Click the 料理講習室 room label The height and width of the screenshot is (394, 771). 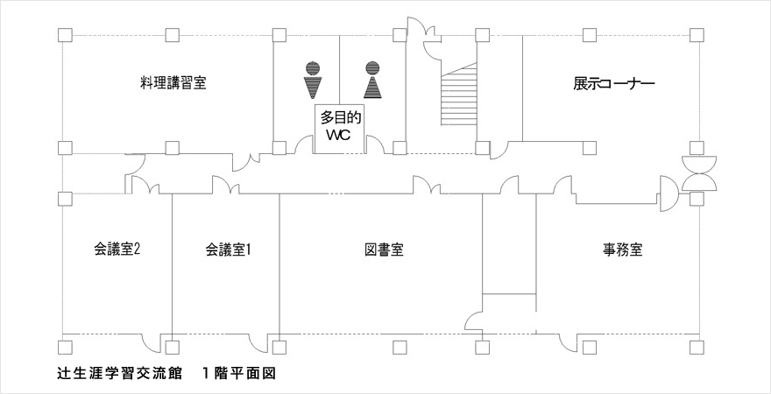178,83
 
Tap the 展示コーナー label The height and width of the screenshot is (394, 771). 614,84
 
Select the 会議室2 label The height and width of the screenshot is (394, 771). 117,250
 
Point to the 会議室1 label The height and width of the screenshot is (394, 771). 229,250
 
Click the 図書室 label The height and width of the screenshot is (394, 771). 383,250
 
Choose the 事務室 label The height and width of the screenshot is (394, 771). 623,250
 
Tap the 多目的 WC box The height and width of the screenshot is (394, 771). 341,129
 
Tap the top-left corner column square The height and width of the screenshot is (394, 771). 63,35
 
